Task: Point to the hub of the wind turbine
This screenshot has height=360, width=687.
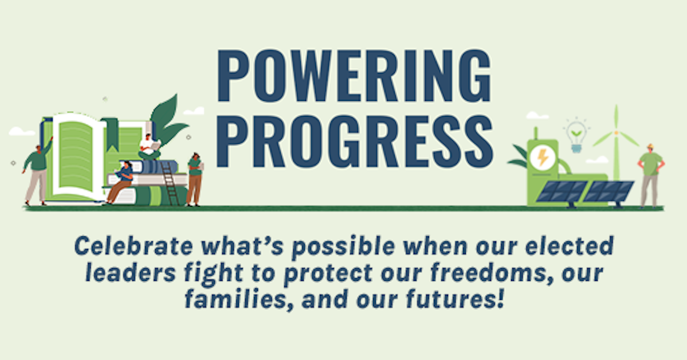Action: (617, 132)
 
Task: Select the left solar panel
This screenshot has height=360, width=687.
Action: (562, 191)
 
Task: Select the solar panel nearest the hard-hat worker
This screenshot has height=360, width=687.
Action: (608, 191)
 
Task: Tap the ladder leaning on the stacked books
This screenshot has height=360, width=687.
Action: (170, 183)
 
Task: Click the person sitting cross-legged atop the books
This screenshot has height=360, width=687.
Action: (149, 147)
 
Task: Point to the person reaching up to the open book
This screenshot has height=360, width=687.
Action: (37, 170)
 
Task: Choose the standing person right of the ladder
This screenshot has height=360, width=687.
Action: (194, 178)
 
